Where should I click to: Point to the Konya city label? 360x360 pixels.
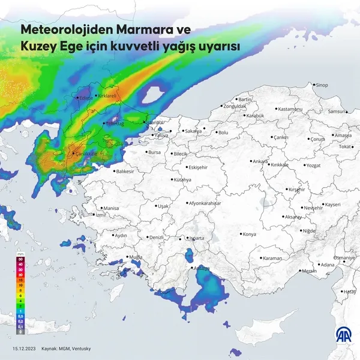(250, 234)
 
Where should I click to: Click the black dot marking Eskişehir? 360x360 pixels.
(185, 167)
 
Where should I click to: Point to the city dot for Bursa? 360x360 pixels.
(145, 152)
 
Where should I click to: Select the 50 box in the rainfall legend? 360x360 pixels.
(20, 259)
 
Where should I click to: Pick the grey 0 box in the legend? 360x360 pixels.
(20, 331)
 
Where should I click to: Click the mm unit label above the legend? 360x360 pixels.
(21, 254)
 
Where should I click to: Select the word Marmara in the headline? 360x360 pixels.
(143, 29)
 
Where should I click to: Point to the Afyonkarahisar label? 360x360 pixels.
(205, 203)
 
